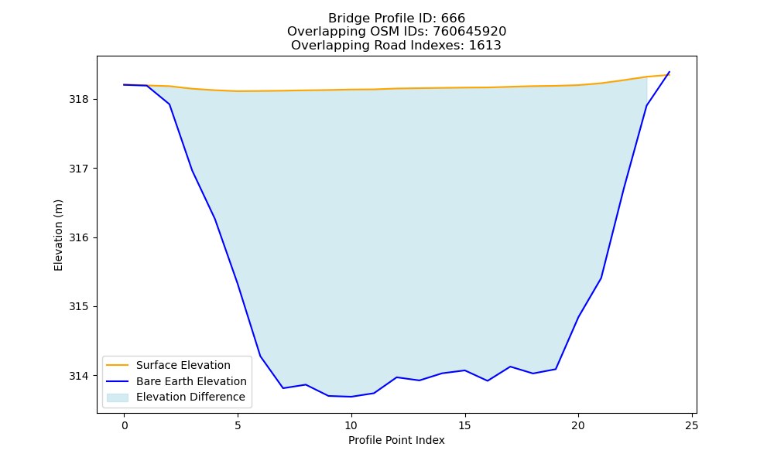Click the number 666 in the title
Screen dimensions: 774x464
453,19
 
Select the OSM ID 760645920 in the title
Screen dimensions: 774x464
470,32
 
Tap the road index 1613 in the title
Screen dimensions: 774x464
485,46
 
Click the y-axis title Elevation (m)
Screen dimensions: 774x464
58,235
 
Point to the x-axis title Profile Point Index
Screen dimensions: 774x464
396,440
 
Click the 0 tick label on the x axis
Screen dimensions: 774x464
125,425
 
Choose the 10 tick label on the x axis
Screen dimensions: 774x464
351,425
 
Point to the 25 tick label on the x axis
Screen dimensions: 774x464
692,425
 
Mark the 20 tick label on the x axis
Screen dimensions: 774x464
578,425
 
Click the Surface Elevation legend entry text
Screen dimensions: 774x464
183,365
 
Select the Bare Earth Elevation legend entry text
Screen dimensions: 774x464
191,381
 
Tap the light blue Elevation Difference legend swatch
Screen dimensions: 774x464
118,397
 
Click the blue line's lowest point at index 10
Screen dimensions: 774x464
351,397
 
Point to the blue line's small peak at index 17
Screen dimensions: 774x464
510,367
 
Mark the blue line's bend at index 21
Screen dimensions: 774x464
601,278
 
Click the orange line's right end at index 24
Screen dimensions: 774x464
670,75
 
